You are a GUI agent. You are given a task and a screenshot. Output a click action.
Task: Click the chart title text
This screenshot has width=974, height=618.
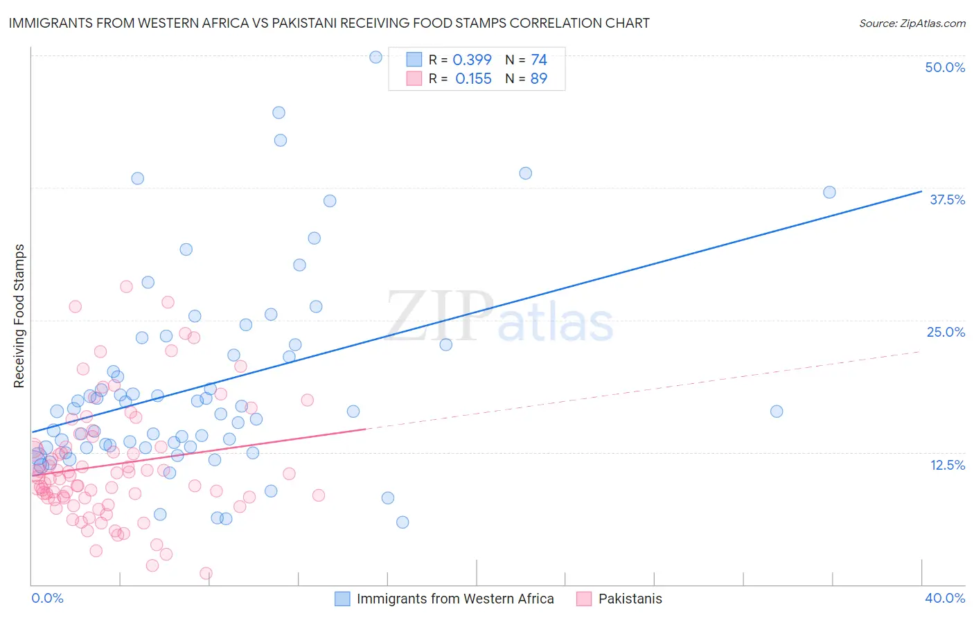(x=329, y=23)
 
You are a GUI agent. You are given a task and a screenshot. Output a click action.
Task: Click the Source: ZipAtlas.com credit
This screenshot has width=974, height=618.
(x=912, y=23)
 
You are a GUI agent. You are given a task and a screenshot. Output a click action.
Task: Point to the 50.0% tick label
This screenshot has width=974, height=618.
(x=945, y=67)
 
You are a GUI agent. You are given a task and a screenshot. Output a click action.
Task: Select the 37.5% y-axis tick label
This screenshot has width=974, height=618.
(x=947, y=200)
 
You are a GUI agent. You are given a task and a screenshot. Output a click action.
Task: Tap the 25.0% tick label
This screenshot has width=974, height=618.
(x=946, y=332)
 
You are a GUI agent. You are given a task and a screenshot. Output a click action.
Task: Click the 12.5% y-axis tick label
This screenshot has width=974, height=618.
(x=947, y=465)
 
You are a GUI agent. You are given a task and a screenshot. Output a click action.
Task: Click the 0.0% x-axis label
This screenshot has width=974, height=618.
(x=47, y=598)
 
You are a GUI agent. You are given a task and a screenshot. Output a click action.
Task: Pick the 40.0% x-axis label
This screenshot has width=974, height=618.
(x=945, y=598)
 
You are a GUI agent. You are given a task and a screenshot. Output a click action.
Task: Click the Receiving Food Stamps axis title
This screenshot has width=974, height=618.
(x=19, y=316)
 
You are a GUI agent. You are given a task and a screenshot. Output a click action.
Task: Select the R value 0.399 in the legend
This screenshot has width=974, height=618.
(x=472, y=60)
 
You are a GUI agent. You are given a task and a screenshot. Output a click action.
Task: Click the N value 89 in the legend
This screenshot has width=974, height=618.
(x=538, y=78)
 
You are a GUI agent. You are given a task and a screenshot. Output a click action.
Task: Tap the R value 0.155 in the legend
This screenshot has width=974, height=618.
(x=473, y=78)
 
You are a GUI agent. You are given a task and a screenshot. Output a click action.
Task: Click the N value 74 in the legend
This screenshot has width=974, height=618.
(x=538, y=60)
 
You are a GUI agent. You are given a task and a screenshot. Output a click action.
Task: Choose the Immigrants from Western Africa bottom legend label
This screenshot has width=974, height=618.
(x=455, y=599)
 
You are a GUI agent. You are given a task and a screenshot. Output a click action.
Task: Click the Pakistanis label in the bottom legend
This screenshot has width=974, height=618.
(x=630, y=599)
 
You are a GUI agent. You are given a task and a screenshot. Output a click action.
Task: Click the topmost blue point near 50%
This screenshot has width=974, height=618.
(x=375, y=57)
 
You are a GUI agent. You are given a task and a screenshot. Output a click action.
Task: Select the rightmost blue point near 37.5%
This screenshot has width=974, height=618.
(x=829, y=192)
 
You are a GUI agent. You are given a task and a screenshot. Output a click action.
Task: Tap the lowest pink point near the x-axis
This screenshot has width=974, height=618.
(x=206, y=573)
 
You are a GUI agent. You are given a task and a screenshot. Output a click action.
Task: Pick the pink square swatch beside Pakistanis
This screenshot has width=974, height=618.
(x=584, y=599)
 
